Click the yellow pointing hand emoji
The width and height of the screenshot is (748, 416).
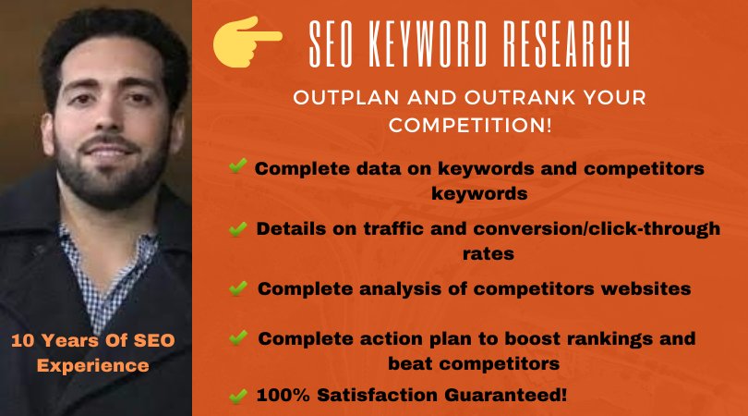(x=246, y=42)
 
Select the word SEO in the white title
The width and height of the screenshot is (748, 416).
(x=331, y=44)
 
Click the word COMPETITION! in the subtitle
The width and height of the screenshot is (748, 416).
(x=470, y=125)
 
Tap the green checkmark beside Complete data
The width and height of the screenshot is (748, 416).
(x=237, y=165)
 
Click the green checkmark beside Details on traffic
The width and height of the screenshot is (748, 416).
(x=237, y=228)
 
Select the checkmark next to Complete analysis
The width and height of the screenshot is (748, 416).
(x=238, y=288)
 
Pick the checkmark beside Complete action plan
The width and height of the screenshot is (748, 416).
(x=238, y=337)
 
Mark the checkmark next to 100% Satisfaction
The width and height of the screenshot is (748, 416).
(x=238, y=396)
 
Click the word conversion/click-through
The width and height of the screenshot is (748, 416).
(x=597, y=228)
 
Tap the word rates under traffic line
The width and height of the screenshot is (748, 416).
(x=488, y=253)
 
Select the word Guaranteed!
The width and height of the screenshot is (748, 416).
(x=506, y=395)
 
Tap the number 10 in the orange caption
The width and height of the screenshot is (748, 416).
(x=22, y=340)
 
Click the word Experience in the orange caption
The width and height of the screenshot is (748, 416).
(x=93, y=366)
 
